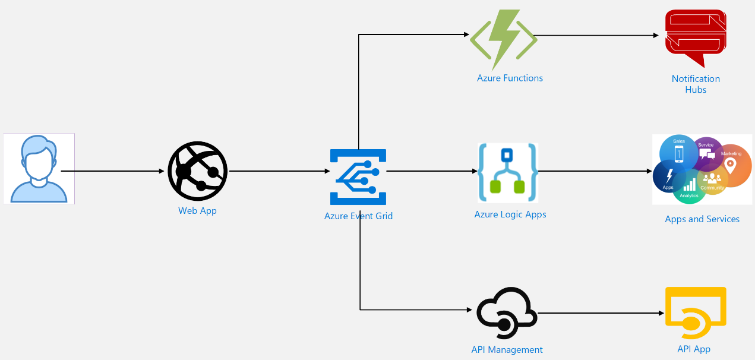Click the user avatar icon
39,169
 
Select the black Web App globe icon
198,171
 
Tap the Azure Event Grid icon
358,177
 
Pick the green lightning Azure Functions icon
504,40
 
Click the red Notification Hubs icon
696,37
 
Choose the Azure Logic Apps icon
508,173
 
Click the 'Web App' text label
197,211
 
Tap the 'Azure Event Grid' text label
358,216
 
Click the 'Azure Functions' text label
510,78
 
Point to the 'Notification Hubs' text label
696,84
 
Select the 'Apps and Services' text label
702,219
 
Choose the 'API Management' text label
507,350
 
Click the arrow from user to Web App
113,171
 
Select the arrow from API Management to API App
600,313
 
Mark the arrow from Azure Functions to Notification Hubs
597,35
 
